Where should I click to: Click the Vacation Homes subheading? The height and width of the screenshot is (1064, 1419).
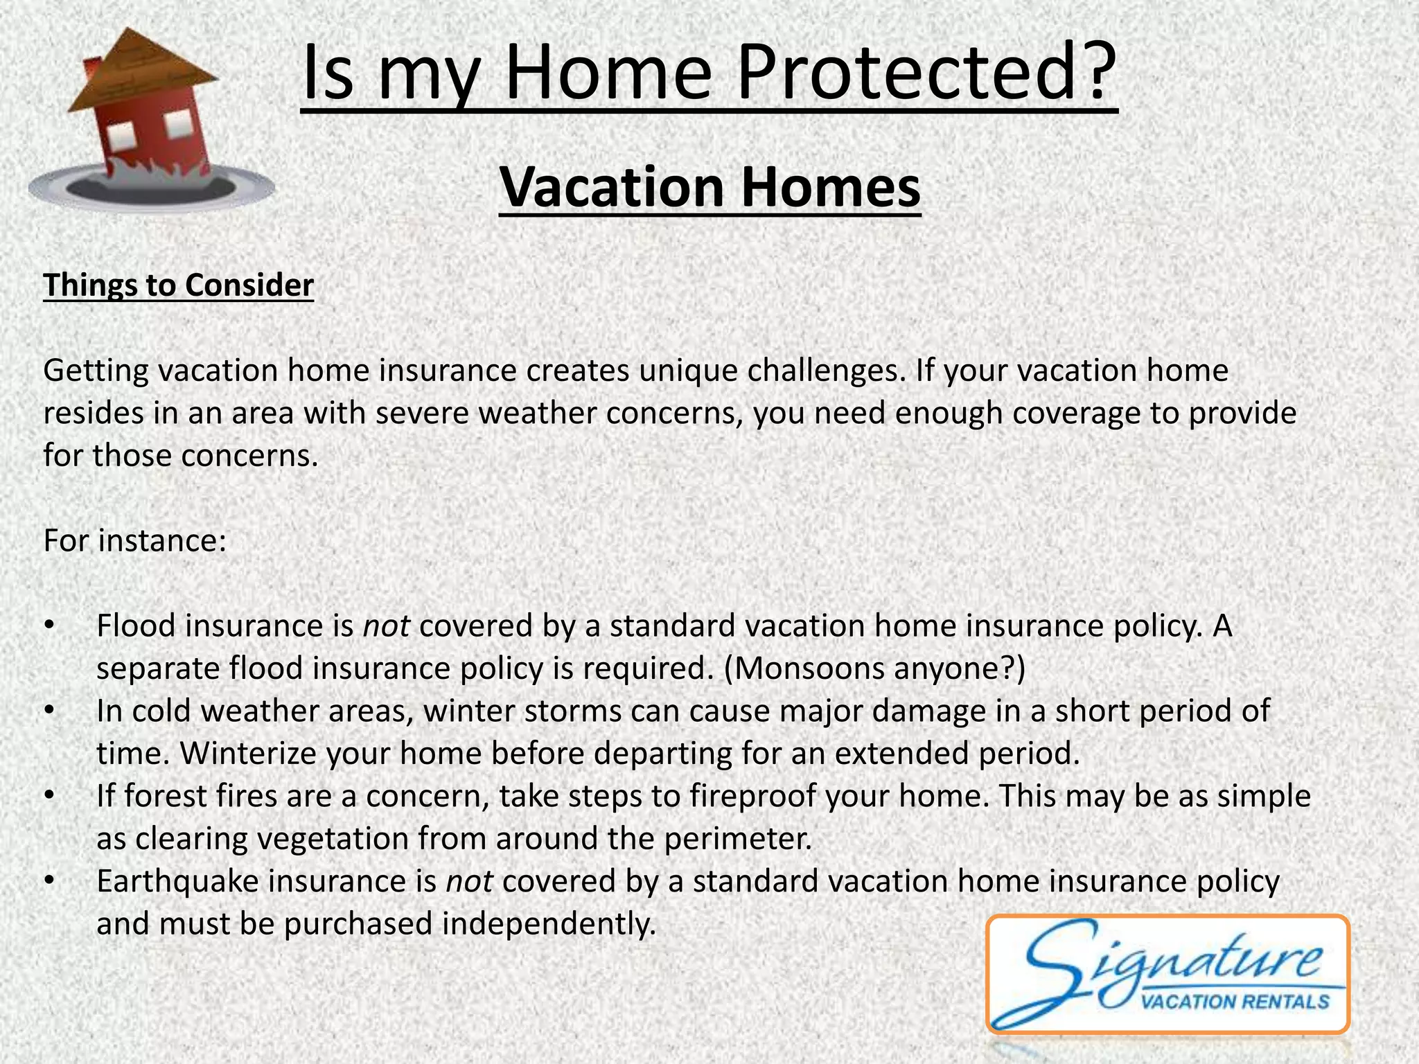point(709,188)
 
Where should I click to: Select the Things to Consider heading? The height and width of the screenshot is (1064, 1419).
point(178,285)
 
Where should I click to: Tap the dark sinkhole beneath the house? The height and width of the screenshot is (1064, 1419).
point(149,188)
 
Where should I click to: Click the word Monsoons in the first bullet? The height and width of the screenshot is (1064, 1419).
point(804,668)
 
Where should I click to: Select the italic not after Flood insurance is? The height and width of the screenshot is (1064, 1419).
point(386,626)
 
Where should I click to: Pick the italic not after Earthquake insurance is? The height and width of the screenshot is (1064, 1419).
point(469,882)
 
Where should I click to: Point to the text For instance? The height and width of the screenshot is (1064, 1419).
point(135,541)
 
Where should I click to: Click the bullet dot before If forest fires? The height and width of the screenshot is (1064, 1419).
point(48,797)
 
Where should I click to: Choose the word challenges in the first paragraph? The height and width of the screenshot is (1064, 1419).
point(825,371)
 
